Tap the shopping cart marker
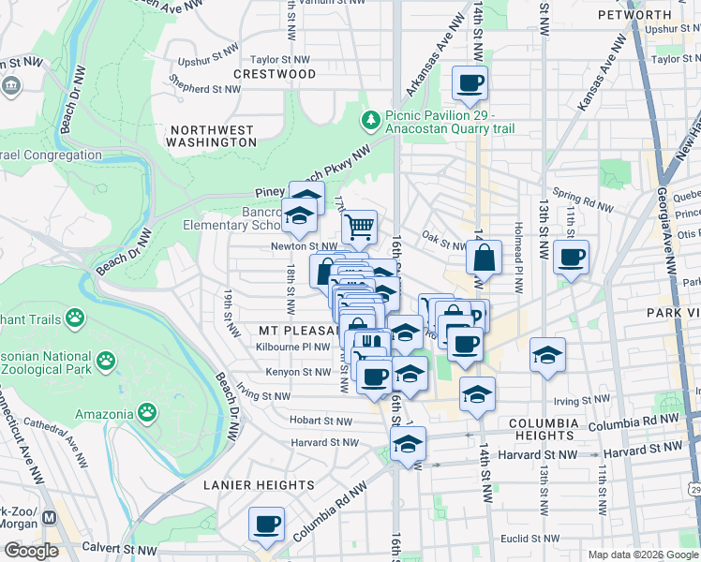(x=360, y=227)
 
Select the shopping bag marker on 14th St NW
(x=484, y=258)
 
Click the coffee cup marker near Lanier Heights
(x=266, y=524)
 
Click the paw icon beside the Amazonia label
(x=147, y=411)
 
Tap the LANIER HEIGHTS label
(x=260, y=485)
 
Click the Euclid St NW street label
(x=529, y=539)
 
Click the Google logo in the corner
(x=31, y=551)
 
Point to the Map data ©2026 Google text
(x=642, y=555)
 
